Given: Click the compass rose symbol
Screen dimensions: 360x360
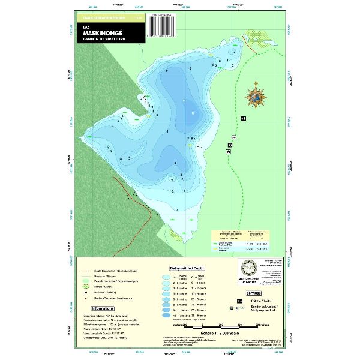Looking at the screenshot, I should [256, 94].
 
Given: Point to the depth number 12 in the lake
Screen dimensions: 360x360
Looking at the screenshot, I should [193, 113].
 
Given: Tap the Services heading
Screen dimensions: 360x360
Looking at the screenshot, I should [253, 292].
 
